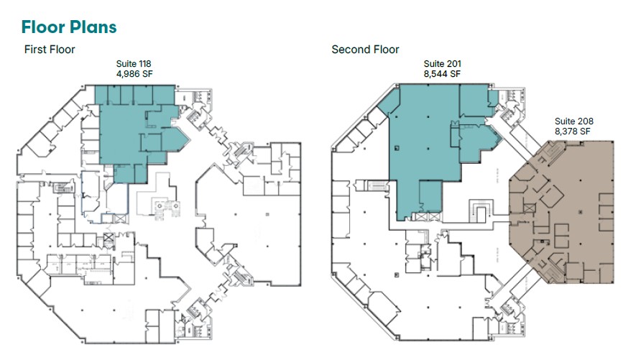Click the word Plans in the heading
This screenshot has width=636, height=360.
[x=91, y=27]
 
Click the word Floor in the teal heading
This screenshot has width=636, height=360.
[x=42, y=27]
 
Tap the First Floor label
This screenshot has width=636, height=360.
[x=50, y=50]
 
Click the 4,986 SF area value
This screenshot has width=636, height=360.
[x=134, y=73]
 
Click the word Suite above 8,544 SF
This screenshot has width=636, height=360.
[x=433, y=64]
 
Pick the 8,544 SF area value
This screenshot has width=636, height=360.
[x=442, y=73]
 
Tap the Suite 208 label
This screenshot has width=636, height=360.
[x=573, y=121]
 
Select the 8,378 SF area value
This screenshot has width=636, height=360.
[x=573, y=131]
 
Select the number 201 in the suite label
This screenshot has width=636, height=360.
[x=451, y=64]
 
